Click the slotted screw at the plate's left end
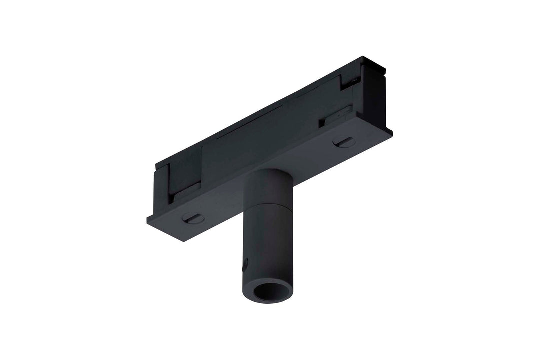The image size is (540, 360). (193, 218)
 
